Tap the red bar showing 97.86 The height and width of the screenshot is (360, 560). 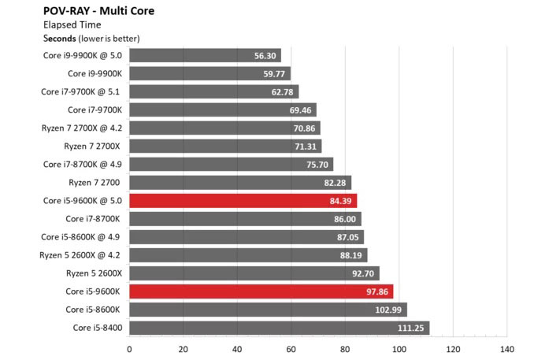(261, 291)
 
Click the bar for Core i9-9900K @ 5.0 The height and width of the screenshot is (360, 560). (205, 56)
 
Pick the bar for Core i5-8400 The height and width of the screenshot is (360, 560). (279, 327)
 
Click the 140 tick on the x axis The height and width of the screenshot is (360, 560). (506, 350)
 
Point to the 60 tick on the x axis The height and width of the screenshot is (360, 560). (291, 350)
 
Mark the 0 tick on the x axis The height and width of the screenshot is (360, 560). (129, 350)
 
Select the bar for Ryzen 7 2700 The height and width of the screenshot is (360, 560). (239, 182)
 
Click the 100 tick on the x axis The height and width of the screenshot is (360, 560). (399, 350)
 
